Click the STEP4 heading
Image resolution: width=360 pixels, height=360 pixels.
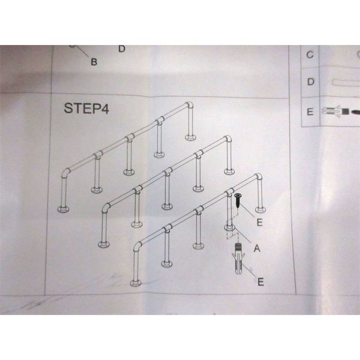pyautogui.click(x=86, y=108)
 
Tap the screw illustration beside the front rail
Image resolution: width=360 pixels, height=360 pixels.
pyautogui.click(x=238, y=201)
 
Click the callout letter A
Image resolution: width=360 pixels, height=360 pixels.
pyautogui.click(x=257, y=248)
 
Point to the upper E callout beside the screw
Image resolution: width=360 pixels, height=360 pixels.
pyautogui.click(x=259, y=222)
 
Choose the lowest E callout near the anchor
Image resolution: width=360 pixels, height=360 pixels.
pyautogui.click(x=260, y=282)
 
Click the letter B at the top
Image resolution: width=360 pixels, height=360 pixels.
pyautogui.click(x=94, y=62)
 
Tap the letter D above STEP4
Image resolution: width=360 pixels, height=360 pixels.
pyautogui.click(x=122, y=49)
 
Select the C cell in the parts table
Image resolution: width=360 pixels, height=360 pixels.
pyautogui.click(x=310, y=55)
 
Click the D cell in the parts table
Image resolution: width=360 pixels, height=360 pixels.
pyautogui.click(x=310, y=82)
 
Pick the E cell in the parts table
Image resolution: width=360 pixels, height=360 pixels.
pyautogui.click(x=310, y=112)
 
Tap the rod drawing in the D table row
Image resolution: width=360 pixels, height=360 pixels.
pyautogui.click(x=346, y=83)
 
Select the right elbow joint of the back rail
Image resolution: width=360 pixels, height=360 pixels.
pyautogui.click(x=190, y=106)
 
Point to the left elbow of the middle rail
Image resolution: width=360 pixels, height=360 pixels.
pyautogui.click(x=106, y=208)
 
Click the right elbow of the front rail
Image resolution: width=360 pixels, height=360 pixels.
pyautogui.click(x=259, y=177)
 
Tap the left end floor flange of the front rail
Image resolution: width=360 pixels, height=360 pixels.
pyautogui.click(x=136, y=283)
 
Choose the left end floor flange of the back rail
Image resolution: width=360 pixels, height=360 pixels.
pyautogui.click(x=64, y=209)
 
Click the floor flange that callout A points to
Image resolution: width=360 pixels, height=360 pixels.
pyautogui.click(x=230, y=227)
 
